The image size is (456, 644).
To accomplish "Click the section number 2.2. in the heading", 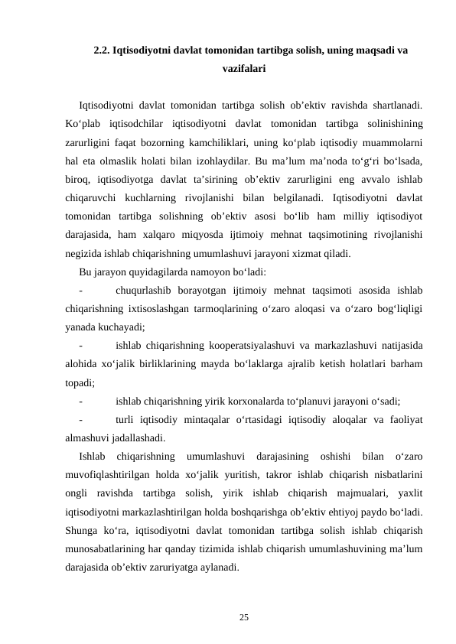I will pos(102,51).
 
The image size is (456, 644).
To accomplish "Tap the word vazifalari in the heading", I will pos(244,69).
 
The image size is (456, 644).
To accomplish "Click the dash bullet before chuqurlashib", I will pos(80,291).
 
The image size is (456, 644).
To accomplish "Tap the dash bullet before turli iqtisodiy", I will pos(80,420).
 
